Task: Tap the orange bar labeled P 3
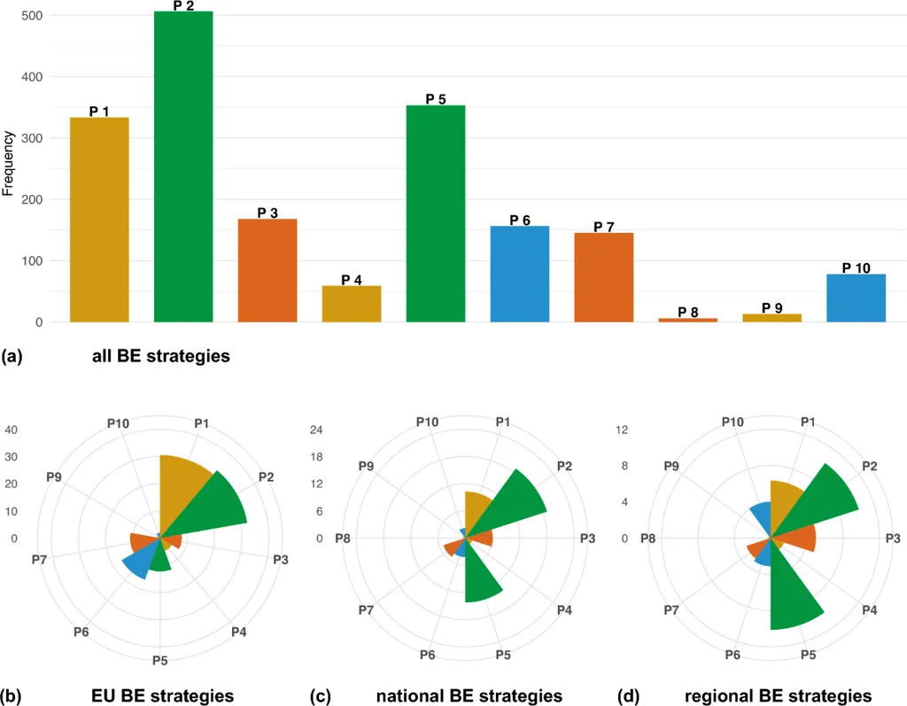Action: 267,270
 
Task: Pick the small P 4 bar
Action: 352,303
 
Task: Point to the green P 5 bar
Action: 436,213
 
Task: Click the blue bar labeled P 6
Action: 520,274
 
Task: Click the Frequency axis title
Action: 8,163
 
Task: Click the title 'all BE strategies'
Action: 160,357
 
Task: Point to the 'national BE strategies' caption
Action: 469,695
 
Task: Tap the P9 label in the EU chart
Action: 54,477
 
